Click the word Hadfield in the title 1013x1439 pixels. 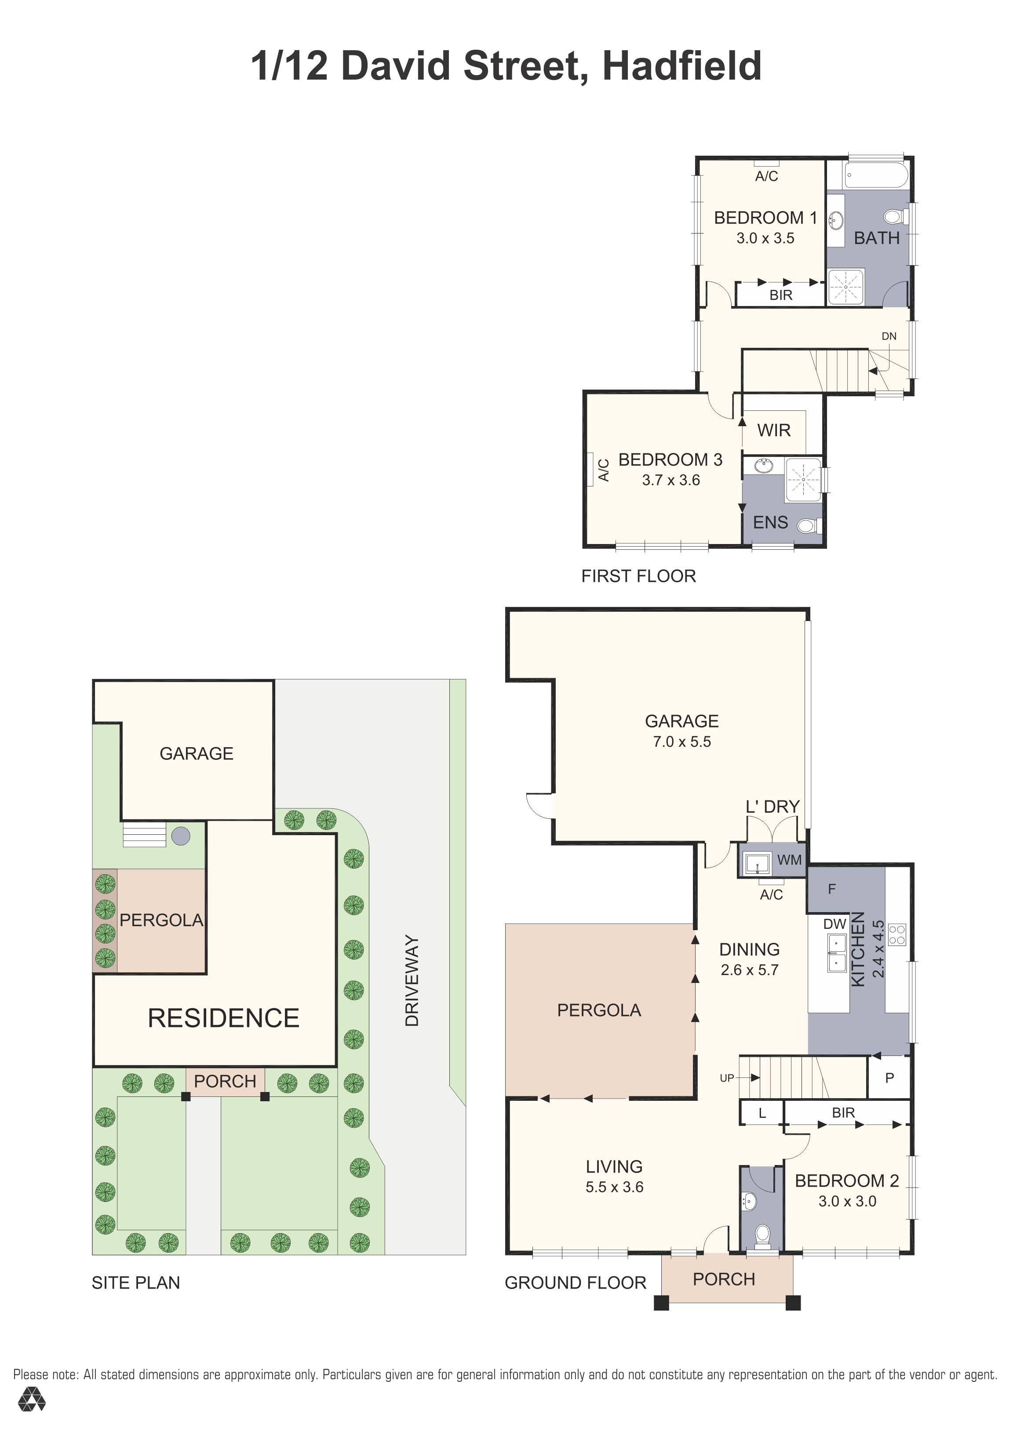click(x=681, y=66)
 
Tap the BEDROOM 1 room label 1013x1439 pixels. click(x=765, y=218)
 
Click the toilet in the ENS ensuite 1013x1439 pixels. click(x=808, y=525)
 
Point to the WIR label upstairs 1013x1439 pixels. click(x=774, y=430)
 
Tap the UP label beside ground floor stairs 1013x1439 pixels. click(x=727, y=1078)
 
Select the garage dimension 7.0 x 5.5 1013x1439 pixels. click(x=681, y=741)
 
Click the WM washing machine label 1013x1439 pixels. click(x=789, y=860)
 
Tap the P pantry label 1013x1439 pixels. click(x=889, y=1078)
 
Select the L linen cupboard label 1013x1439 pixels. click(x=762, y=1113)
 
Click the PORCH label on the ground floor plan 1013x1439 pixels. click(x=724, y=1278)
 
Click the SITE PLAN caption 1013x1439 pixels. click(x=136, y=1283)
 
